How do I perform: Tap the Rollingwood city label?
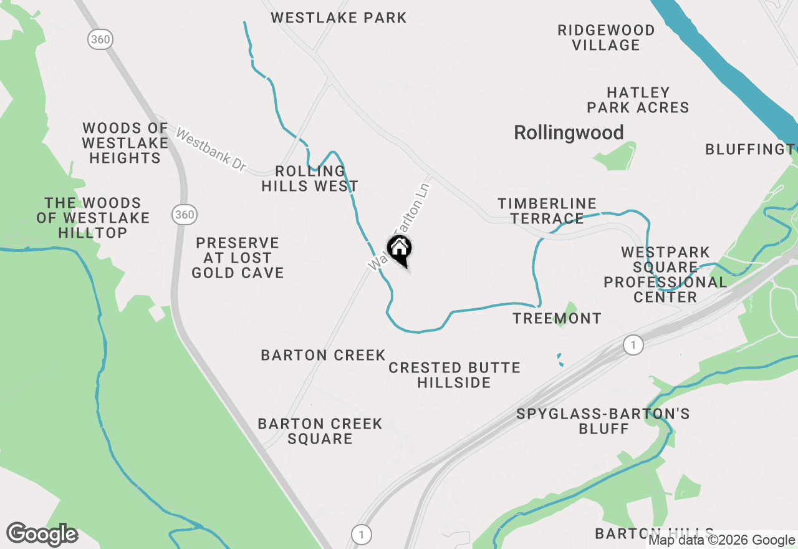click(x=569, y=133)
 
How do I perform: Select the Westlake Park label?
click(x=339, y=17)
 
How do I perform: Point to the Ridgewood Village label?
click(x=606, y=37)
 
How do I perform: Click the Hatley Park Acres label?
click(x=638, y=100)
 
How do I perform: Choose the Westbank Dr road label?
click(x=211, y=150)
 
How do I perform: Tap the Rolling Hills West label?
click(x=310, y=178)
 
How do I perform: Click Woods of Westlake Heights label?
click(x=125, y=143)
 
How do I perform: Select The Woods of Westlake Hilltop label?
click(x=93, y=218)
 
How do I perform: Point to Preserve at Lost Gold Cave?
click(x=238, y=258)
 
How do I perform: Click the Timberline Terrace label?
click(x=547, y=211)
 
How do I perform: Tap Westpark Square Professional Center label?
click(x=665, y=274)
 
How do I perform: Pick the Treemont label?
click(x=557, y=318)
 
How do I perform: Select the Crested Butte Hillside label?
click(x=454, y=375)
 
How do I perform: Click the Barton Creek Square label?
click(x=320, y=431)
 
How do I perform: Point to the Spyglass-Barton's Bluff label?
click(x=603, y=421)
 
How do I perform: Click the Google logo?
click(x=42, y=535)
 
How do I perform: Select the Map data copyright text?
click(x=721, y=540)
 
